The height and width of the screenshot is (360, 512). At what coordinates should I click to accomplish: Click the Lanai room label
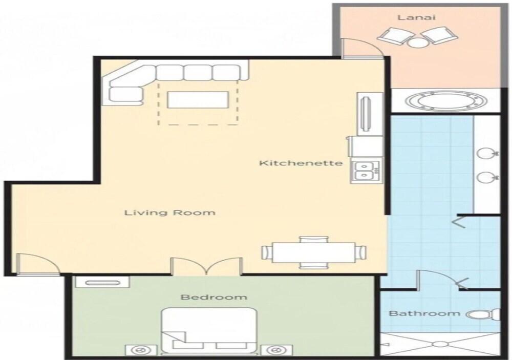(416, 17)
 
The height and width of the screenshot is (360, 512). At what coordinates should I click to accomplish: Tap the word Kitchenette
(301, 163)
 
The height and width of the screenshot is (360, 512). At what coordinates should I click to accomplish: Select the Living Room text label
(170, 213)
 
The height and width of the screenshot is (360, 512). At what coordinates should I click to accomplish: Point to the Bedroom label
(214, 298)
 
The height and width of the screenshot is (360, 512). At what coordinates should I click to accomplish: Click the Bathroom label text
(424, 313)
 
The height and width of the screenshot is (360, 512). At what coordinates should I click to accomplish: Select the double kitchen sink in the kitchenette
(367, 171)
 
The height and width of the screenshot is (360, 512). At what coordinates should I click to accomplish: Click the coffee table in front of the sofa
(197, 100)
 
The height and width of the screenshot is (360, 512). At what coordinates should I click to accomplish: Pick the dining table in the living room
(314, 252)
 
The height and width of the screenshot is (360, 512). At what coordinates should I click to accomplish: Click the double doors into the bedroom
(207, 266)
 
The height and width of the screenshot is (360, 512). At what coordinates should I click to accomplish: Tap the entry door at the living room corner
(36, 263)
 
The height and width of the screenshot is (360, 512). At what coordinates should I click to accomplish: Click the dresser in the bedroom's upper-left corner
(102, 282)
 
